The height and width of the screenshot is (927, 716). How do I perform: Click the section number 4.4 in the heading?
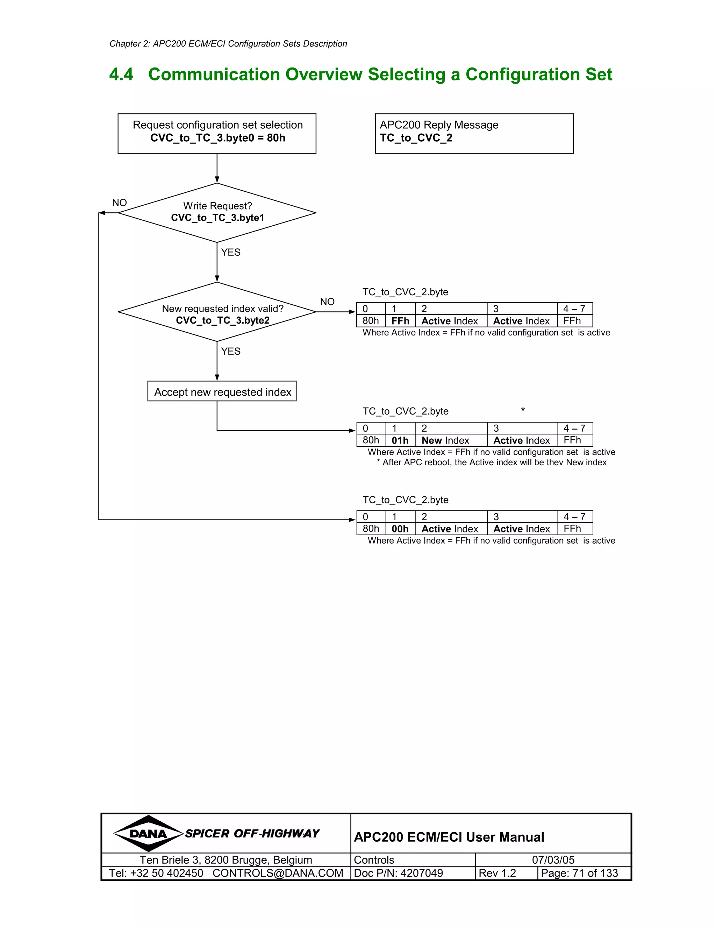tap(121, 75)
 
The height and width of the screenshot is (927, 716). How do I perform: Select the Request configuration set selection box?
tap(217, 133)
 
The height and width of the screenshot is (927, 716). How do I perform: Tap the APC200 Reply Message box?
tap(474, 133)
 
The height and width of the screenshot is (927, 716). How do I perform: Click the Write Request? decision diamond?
tap(217, 212)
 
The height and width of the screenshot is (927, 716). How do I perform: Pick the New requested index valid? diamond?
tap(217, 312)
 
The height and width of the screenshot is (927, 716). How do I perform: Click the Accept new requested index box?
tap(222, 391)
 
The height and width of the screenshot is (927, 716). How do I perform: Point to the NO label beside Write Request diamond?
tap(119, 203)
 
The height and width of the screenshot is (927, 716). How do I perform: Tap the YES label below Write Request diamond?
tap(230, 253)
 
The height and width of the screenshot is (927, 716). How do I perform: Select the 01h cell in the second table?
tap(400, 440)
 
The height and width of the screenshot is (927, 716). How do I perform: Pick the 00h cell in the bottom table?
tap(400, 529)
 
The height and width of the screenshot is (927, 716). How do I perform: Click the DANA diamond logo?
tap(148, 834)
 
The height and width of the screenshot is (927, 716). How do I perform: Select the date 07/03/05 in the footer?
tap(553, 860)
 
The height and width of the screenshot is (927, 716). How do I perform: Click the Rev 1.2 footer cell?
tap(497, 873)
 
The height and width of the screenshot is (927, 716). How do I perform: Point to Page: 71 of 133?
tap(579, 873)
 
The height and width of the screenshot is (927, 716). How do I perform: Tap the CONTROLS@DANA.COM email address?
tap(278, 873)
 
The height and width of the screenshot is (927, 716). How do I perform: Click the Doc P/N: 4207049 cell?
tap(398, 873)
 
